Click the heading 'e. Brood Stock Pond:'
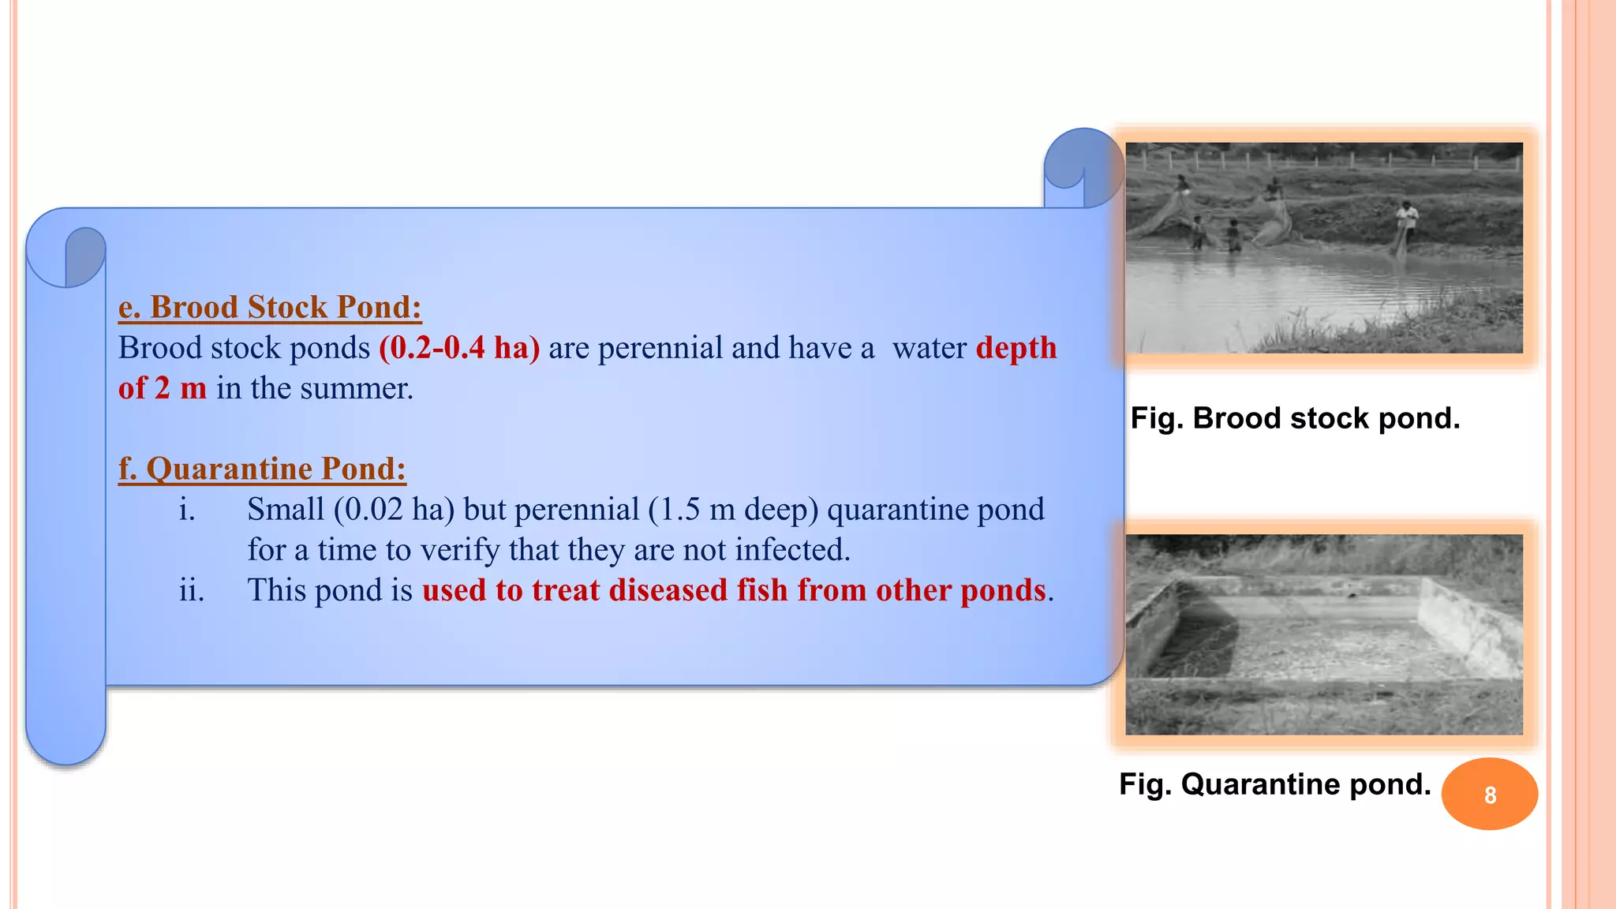pos(270,307)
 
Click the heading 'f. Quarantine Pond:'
pos(262,469)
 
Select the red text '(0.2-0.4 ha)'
pos(459,348)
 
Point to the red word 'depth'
pos(1016,348)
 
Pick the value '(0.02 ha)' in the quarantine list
pos(395,510)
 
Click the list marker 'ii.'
pos(192,590)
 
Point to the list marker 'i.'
pos(187,510)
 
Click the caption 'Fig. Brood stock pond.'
pos(1295,418)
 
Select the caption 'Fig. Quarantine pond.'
pos(1274,784)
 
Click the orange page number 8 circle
pos(1490,794)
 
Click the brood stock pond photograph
pos(1324,248)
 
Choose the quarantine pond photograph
pos(1324,634)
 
